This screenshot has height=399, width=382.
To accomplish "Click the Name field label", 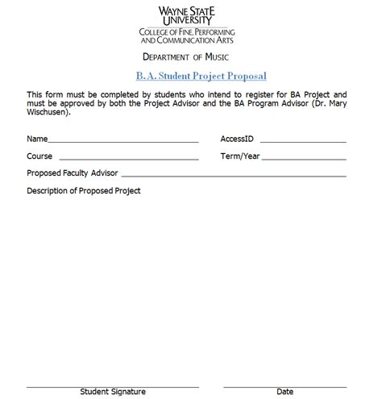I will coord(37,139).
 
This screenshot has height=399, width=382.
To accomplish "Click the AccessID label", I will coord(238,139).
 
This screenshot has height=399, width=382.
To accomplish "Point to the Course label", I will coord(39,156).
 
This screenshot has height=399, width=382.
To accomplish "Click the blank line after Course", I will coord(128,160).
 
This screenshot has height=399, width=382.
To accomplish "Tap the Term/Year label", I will coord(240,156).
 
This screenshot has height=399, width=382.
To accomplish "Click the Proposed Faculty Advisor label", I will coord(73,173).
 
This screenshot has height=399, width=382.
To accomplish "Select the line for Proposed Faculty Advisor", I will coord(234,177).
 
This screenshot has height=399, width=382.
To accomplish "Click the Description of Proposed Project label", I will coord(84,191).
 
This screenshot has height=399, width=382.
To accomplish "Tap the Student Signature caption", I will coord(112,392).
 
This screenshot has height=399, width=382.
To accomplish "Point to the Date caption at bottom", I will coord(284,392).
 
